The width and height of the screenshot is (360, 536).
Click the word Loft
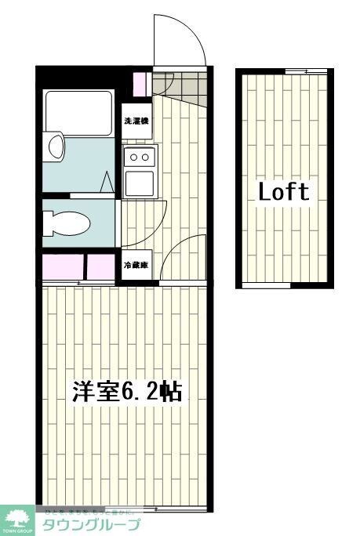[284, 191]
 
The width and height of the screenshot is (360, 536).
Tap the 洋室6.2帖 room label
[127, 391]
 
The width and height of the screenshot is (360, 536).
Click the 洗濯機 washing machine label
[136, 121]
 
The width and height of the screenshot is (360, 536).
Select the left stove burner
[134, 158]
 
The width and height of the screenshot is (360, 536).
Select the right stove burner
[146, 158]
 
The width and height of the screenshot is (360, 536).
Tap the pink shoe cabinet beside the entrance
[140, 81]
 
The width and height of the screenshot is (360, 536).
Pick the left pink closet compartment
[63, 267]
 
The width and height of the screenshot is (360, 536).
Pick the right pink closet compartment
[100, 267]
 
